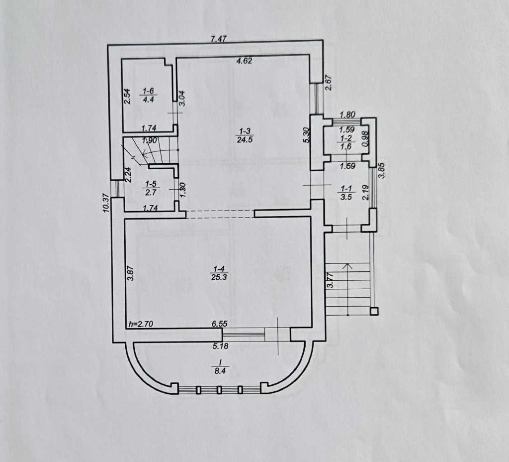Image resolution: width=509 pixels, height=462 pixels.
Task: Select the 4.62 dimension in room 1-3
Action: pos(244,61)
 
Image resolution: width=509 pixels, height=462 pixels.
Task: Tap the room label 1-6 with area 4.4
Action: pos(149,95)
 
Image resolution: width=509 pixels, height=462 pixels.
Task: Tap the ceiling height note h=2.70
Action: pos(139,324)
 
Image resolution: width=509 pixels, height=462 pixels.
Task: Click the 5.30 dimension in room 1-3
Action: pos(306,135)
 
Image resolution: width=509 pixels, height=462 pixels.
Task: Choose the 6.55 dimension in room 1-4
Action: pos(220,324)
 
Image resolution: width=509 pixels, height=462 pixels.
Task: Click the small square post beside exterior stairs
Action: pos(374,312)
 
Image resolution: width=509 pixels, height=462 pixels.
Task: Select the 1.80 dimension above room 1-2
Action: pos(347,115)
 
